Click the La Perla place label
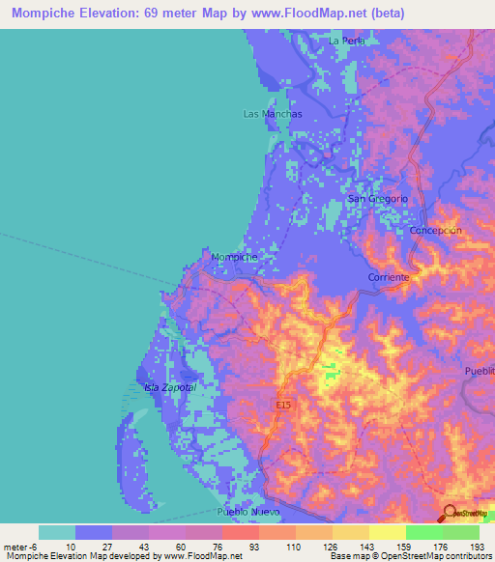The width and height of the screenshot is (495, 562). point(346,41)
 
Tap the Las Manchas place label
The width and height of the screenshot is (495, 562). point(272,114)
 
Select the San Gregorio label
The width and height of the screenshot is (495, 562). point(377,199)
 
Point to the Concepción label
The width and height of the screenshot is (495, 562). point(436,231)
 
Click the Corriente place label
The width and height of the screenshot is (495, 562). point(390,277)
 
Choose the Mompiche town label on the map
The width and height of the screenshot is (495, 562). point(234,258)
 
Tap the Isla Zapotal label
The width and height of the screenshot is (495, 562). point(170,387)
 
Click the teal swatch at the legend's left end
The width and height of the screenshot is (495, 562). point(57,532)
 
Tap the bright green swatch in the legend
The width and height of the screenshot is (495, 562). point(423,532)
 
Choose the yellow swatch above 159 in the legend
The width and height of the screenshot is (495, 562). point(387,532)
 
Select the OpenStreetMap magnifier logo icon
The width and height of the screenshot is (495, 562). point(451,513)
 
